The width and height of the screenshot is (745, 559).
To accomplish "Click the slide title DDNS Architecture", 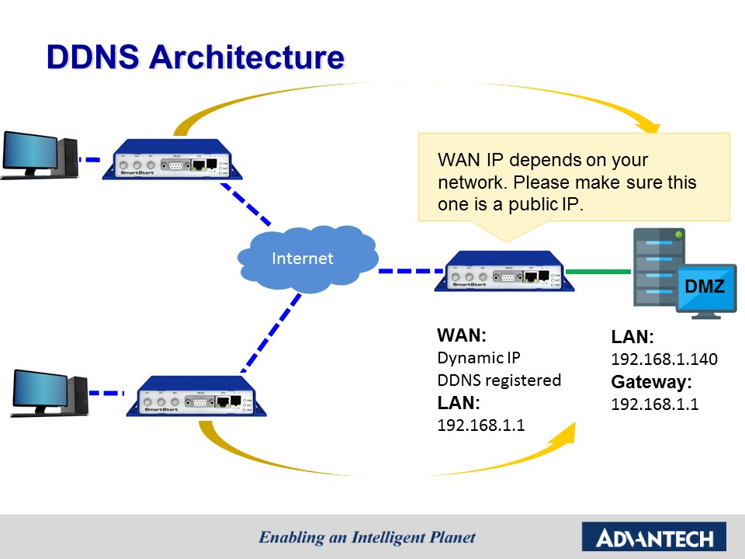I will tap(195, 58).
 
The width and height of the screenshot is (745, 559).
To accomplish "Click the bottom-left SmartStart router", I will tap(196, 396).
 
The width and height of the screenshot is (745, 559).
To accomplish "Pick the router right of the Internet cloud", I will tap(504, 272).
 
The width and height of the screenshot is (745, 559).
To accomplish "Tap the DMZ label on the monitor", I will tap(705, 287).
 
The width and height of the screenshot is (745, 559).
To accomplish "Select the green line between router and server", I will tap(598, 272).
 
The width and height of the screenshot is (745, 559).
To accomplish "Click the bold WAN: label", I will tap(461, 336).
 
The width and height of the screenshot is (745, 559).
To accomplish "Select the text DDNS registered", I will tap(498, 380).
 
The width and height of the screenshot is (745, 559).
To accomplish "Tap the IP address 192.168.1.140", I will tap(664, 359).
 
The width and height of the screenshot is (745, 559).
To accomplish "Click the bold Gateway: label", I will tap(651, 382).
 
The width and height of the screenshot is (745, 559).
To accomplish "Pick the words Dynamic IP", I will tap(479, 359).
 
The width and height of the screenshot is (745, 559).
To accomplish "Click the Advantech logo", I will tap(653, 536).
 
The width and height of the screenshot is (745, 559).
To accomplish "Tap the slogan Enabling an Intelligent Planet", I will tap(367, 536).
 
